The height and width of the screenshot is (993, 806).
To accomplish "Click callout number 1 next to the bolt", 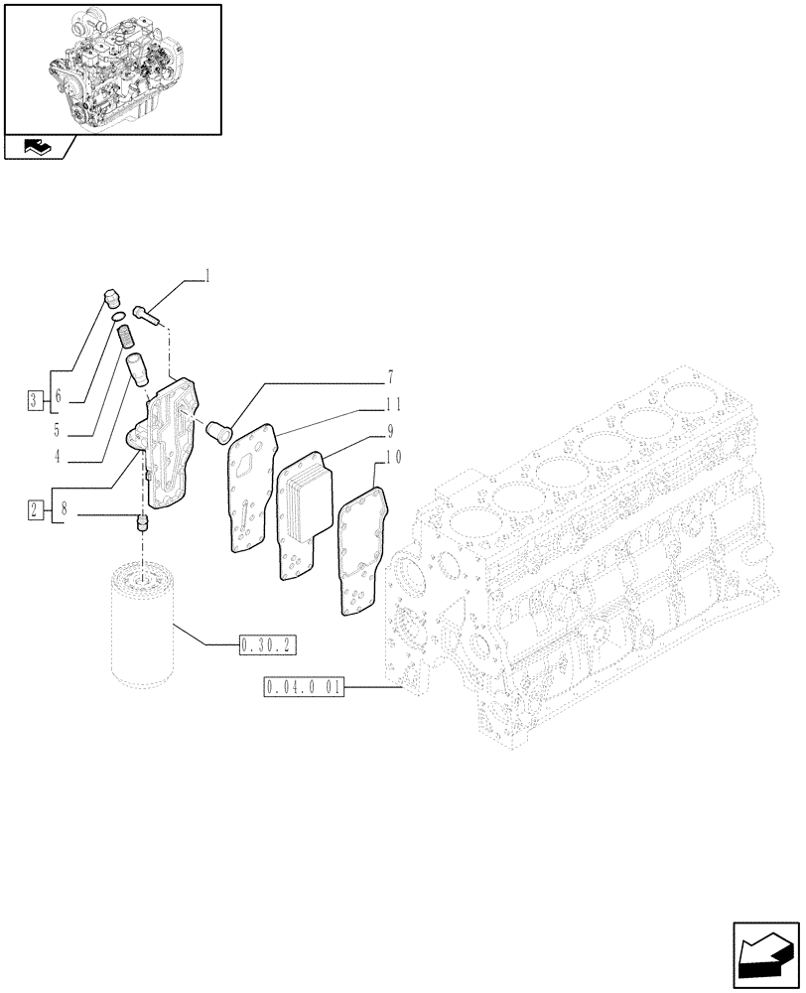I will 207,277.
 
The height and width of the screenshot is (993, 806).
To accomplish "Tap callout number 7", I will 390,377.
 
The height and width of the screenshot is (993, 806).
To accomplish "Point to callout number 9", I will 391,431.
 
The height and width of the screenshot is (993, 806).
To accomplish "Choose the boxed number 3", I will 36,401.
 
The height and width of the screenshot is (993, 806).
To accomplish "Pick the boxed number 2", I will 36,510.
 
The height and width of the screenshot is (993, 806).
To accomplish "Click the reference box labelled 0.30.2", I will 267,646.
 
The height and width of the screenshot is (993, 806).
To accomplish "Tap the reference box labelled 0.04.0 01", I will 304,687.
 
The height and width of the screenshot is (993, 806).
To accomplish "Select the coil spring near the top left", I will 126,338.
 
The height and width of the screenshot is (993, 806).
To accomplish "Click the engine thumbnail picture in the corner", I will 112,68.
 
